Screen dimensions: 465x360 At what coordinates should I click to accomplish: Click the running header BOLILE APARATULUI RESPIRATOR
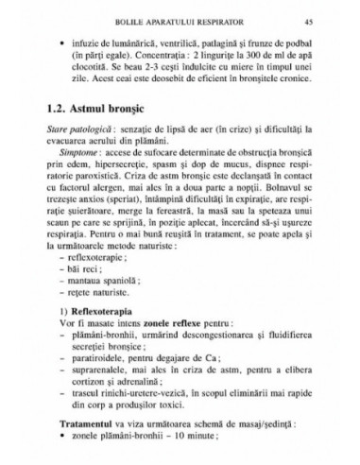[180, 20]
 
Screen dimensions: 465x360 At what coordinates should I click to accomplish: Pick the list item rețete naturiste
[95, 295]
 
